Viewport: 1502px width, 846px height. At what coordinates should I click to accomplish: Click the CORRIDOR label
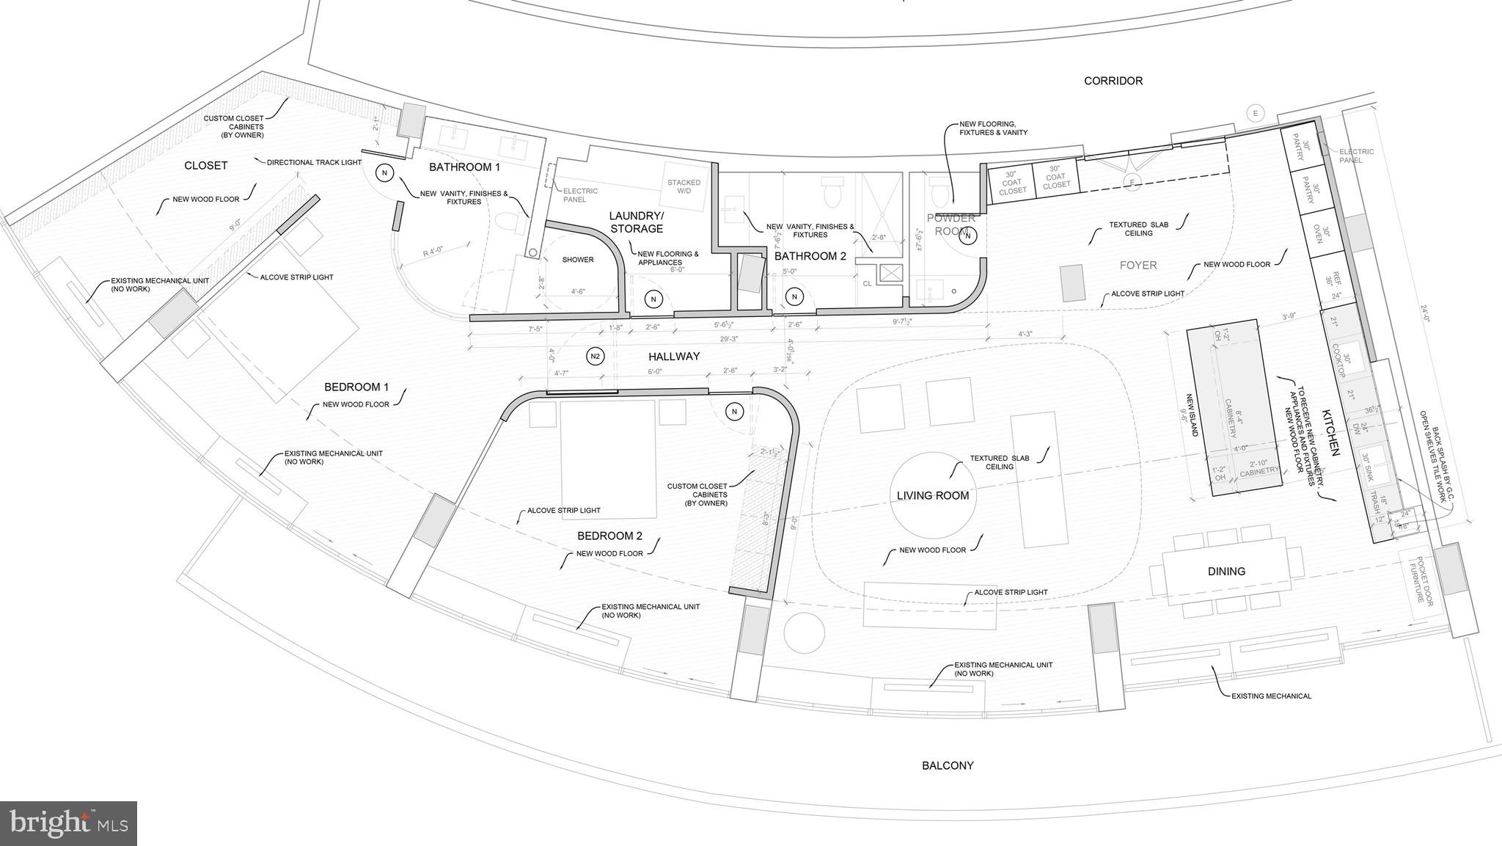(x=1113, y=81)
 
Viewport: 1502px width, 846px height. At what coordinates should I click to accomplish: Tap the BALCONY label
(x=948, y=765)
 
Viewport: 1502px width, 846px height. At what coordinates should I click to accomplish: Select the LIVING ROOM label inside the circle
(x=933, y=496)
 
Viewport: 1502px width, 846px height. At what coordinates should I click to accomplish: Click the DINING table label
(x=1226, y=572)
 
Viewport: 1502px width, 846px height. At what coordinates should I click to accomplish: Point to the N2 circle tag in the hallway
(x=596, y=357)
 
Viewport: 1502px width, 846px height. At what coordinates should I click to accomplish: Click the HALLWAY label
(x=674, y=357)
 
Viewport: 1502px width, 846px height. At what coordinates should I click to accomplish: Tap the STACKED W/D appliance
(x=684, y=187)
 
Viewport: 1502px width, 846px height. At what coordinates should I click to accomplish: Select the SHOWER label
(x=578, y=260)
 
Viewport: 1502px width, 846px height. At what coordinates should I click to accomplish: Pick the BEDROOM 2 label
(x=609, y=536)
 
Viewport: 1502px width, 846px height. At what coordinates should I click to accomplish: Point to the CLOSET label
(x=205, y=166)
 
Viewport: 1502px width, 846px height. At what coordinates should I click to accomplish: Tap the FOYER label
(x=1138, y=266)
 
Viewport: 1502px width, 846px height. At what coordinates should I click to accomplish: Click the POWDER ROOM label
(x=951, y=225)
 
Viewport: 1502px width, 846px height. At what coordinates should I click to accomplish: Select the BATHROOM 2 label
(x=810, y=256)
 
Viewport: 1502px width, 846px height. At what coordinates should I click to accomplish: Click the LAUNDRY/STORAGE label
(x=636, y=222)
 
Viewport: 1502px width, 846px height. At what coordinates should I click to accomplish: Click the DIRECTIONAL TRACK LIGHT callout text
(x=314, y=162)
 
